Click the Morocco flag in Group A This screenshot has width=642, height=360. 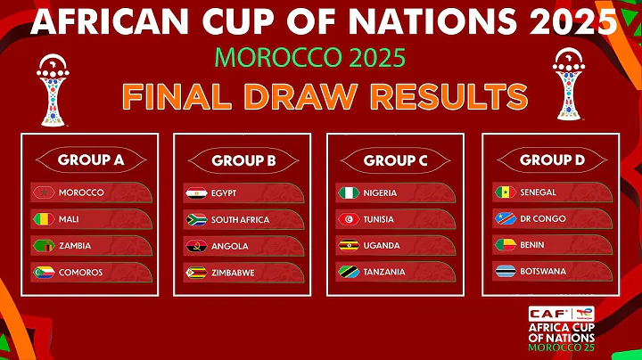(41, 192)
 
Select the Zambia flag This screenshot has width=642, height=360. (41, 246)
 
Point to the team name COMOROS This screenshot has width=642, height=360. (80, 273)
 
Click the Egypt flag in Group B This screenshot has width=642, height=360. (195, 192)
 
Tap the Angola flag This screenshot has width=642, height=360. (195, 246)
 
